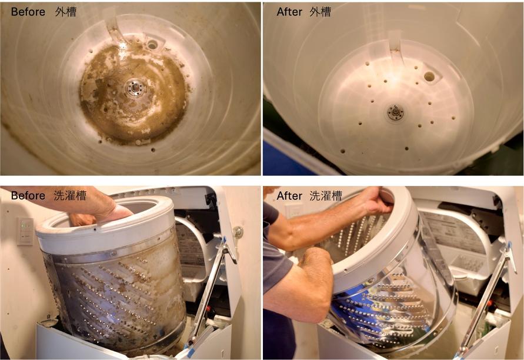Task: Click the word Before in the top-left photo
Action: coord(28,12)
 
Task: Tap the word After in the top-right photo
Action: coord(289,12)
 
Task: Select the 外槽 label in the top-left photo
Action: coord(66,12)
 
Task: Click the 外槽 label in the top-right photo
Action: coord(320,12)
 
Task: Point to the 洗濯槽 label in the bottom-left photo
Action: coord(70,195)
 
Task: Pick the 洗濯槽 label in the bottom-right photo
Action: coord(326,195)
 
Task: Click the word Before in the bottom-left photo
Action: coord(28,195)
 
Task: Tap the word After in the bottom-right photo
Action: coord(289,195)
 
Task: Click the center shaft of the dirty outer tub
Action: coord(135,88)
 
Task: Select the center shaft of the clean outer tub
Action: coord(396,112)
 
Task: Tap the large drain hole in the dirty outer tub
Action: coord(152,44)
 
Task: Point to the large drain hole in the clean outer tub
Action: coord(429,76)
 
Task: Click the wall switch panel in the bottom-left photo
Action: coord(25,231)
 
